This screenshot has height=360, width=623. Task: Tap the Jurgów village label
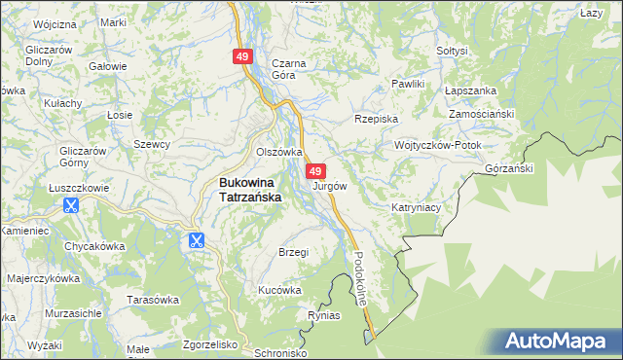click(330, 185)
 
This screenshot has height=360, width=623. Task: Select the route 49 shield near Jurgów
click(315, 170)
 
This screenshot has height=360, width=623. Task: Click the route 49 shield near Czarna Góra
click(243, 57)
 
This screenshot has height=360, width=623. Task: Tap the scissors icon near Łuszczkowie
click(70, 205)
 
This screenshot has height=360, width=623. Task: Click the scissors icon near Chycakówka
click(196, 240)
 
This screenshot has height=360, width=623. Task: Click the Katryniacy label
click(417, 207)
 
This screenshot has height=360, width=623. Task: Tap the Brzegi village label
click(293, 252)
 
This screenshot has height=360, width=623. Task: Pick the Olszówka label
click(279, 152)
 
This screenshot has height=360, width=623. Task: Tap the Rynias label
click(324, 315)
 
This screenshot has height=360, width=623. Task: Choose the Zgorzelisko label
click(210, 344)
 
